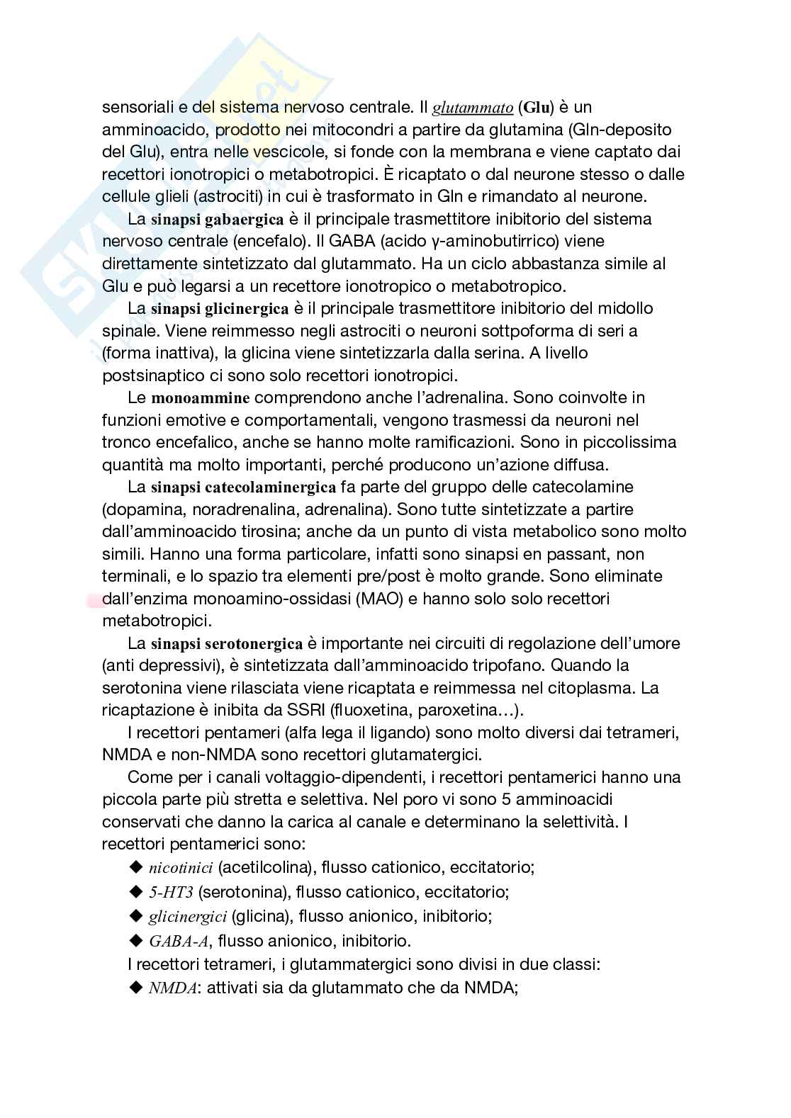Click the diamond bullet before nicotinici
[137, 867]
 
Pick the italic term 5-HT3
[171, 891]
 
